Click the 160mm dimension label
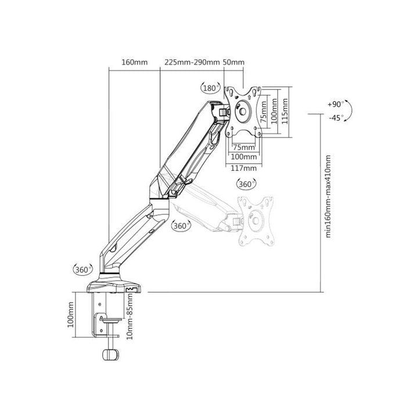pos(134,62)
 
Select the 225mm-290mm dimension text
pos(192,62)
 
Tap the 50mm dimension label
pos(233,62)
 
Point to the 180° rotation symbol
pos(211,88)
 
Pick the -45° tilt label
pos(336,117)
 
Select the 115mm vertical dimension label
pos(284,111)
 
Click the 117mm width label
pos(244,168)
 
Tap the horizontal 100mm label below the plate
pos(244,157)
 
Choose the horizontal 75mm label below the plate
pos(244,147)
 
